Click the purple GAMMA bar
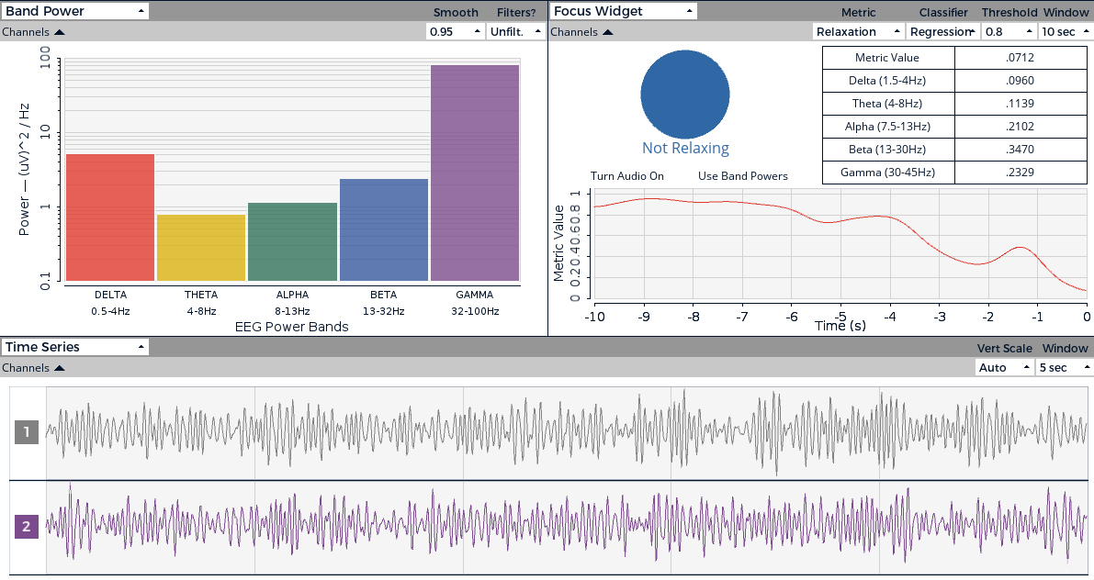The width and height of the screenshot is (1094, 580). (475, 173)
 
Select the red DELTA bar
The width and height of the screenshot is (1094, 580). (110, 217)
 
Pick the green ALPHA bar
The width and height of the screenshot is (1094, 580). (292, 241)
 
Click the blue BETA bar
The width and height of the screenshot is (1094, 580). (384, 229)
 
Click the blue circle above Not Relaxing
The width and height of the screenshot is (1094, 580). (685, 93)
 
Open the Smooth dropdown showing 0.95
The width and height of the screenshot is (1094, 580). (455, 31)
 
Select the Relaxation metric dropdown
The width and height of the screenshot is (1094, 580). (858, 31)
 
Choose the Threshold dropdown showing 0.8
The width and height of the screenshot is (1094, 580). (1007, 31)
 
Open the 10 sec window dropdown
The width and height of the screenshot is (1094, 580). (1065, 31)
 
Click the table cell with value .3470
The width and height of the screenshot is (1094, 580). (1020, 150)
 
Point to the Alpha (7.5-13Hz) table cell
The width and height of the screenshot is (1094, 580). (888, 127)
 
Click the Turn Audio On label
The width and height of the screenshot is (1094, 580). (627, 176)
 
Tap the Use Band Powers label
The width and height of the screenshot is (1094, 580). (742, 176)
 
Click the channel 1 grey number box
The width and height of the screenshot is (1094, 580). (27, 431)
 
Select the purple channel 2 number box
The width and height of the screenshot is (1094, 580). (27, 527)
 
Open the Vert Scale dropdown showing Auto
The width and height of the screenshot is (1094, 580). (1004, 367)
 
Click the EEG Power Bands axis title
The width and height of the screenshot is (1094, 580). (292, 327)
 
